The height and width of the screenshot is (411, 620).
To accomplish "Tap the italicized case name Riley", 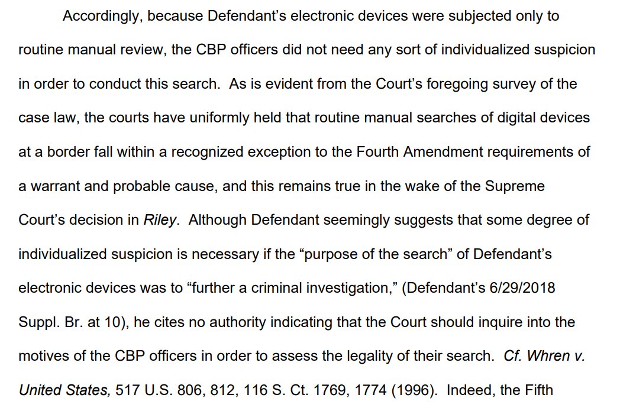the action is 160,221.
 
